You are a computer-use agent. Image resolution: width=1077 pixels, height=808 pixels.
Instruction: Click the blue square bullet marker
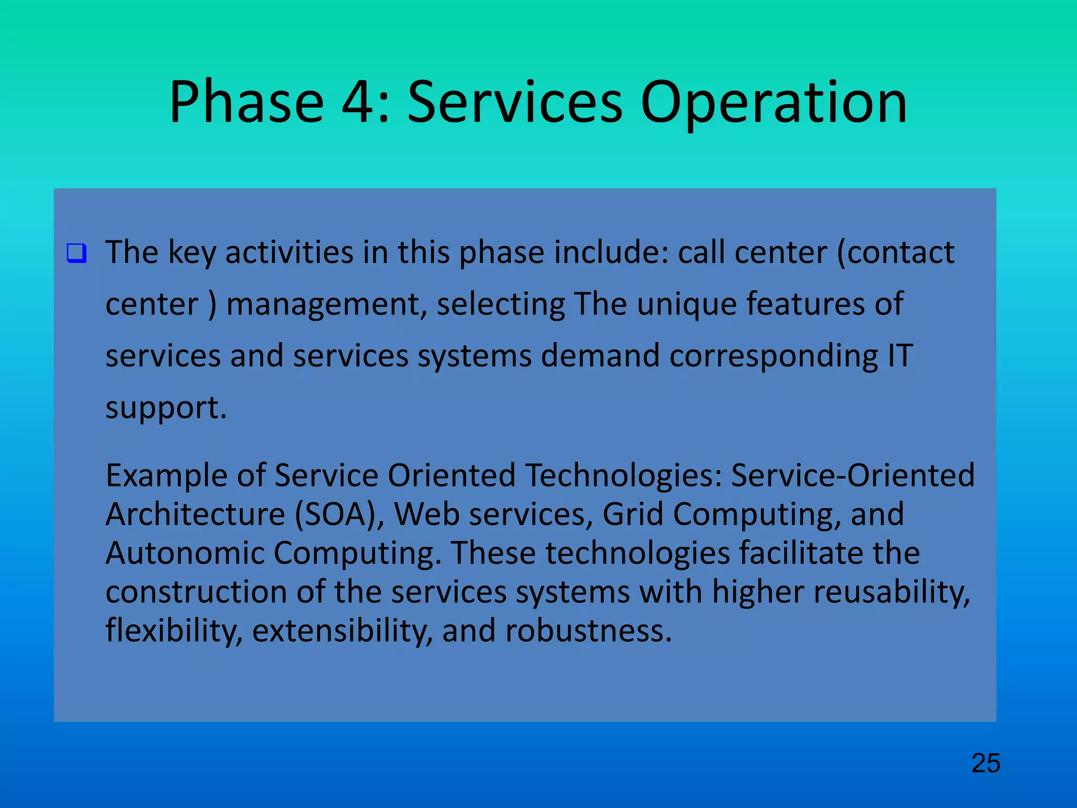pos(76,253)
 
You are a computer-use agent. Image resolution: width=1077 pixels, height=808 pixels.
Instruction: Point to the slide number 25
pos(985,763)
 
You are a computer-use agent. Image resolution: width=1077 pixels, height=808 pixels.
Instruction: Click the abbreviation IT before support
pos(900,356)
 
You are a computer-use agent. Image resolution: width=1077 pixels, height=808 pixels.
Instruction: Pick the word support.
pos(166,408)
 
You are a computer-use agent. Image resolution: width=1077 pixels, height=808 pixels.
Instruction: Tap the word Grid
pos(632,514)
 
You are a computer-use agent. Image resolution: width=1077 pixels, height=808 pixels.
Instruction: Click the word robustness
pos(588,630)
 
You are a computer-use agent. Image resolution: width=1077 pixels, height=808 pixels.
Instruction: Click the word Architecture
pos(195,514)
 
